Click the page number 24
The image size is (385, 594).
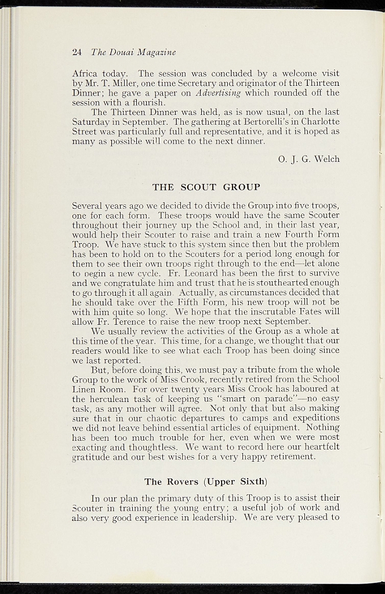[77, 52]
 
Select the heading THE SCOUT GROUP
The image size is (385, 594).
[206, 187]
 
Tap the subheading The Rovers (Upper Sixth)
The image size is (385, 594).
[206, 481]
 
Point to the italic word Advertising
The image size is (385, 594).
[220, 93]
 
